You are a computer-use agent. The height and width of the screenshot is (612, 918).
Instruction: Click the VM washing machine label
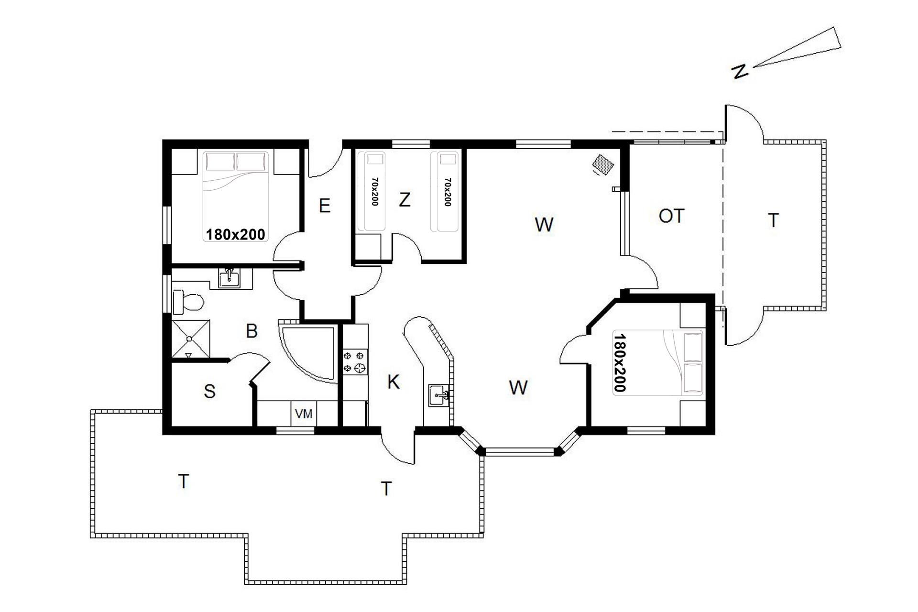click(304, 414)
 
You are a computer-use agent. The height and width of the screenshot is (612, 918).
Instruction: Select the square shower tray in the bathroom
click(190, 339)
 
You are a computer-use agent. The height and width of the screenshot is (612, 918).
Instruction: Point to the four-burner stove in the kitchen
click(355, 362)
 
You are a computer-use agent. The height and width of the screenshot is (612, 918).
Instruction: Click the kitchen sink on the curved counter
click(439, 395)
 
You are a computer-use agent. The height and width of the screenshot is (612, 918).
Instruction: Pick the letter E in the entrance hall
click(325, 206)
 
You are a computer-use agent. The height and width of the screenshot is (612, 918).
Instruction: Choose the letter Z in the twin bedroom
click(404, 199)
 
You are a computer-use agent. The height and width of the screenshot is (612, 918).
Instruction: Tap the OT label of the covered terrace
click(671, 216)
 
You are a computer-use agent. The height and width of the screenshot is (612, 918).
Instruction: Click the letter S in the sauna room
click(209, 392)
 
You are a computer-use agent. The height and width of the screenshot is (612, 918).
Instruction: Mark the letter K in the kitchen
click(393, 382)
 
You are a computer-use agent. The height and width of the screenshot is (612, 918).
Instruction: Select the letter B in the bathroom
click(251, 331)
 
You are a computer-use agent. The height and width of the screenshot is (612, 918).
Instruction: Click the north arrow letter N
click(740, 72)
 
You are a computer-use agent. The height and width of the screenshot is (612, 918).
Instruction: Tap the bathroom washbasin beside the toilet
click(230, 278)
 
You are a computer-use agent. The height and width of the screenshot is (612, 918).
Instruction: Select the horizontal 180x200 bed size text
click(235, 234)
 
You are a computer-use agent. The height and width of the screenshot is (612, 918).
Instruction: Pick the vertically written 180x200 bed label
click(619, 362)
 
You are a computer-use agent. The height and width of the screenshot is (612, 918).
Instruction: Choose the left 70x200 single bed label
click(374, 192)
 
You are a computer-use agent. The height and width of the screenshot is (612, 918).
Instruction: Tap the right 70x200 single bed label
click(448, 192)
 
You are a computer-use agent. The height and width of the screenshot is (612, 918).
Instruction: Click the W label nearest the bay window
click(518, 387)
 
